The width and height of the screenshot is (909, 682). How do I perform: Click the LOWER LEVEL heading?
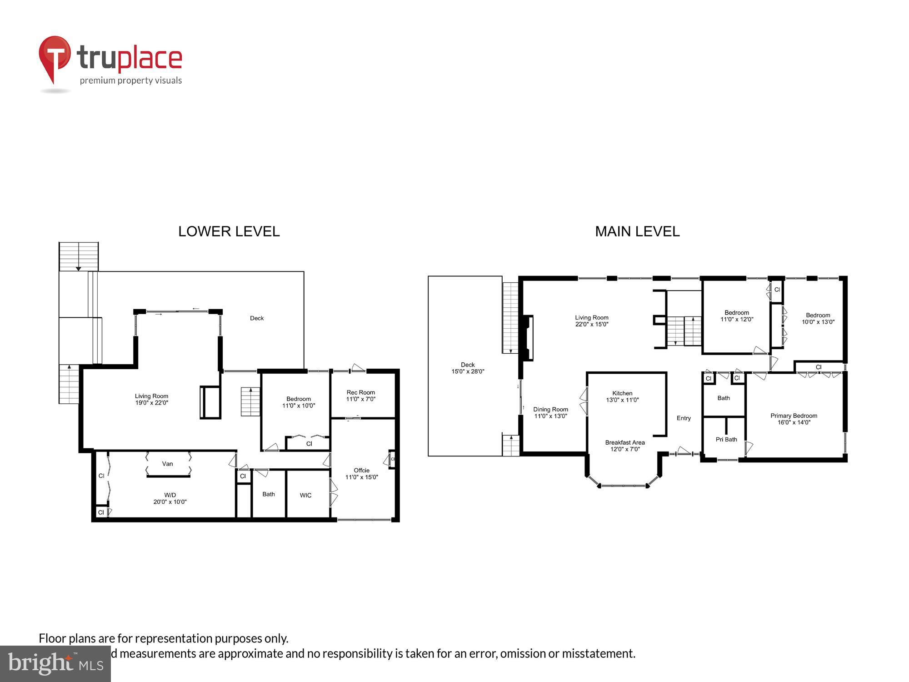[229, 231]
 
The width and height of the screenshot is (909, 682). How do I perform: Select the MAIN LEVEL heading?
[637, 231]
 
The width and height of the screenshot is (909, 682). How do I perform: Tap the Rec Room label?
[360, 392]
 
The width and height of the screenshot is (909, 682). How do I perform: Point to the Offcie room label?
[361, 470]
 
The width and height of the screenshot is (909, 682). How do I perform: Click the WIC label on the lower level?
[305, 495]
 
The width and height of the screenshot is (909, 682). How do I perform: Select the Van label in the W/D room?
[167, 464]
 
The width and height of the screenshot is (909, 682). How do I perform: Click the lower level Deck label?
[257, 318]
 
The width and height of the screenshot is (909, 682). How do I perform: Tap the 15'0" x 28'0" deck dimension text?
[468, 371]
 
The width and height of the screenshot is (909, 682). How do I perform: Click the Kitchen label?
[622, 393]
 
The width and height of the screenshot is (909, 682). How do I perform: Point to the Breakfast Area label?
[624, 442]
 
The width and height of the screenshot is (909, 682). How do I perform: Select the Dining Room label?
[550, 409]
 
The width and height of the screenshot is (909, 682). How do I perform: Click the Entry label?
[684, 418]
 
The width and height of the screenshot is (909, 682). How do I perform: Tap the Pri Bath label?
[726, 439]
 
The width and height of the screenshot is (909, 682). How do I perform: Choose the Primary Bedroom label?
[794, 416]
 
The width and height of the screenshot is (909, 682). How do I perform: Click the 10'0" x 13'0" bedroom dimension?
[818, 322]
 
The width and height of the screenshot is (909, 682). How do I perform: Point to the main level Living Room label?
[591, 318]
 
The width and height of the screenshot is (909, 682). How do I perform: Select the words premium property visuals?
[131, 80]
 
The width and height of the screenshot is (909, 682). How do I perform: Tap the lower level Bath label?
[269, 494]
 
